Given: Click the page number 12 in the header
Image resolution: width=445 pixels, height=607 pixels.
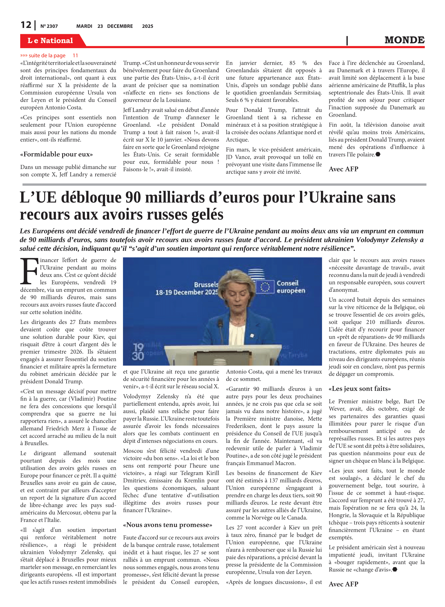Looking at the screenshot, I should point(26,25).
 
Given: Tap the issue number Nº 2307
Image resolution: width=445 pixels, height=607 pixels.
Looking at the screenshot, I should point(49,26).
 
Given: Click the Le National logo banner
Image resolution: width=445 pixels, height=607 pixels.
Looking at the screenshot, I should point(50,40).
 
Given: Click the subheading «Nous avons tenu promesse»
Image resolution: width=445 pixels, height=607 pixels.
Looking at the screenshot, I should point(167,525).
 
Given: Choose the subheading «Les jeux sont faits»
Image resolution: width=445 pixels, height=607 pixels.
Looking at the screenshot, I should point(360,388).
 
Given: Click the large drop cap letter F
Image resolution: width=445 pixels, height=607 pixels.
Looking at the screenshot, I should point(29,271).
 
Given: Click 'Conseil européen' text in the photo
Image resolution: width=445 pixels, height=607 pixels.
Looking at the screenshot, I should point(291,287).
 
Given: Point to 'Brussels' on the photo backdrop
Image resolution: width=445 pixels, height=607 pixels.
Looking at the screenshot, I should point(206,284).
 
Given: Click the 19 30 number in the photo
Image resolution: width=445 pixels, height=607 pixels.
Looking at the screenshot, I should point(138,352).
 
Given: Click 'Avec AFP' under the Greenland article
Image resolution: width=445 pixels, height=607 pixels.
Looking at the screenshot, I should point(343,169).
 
